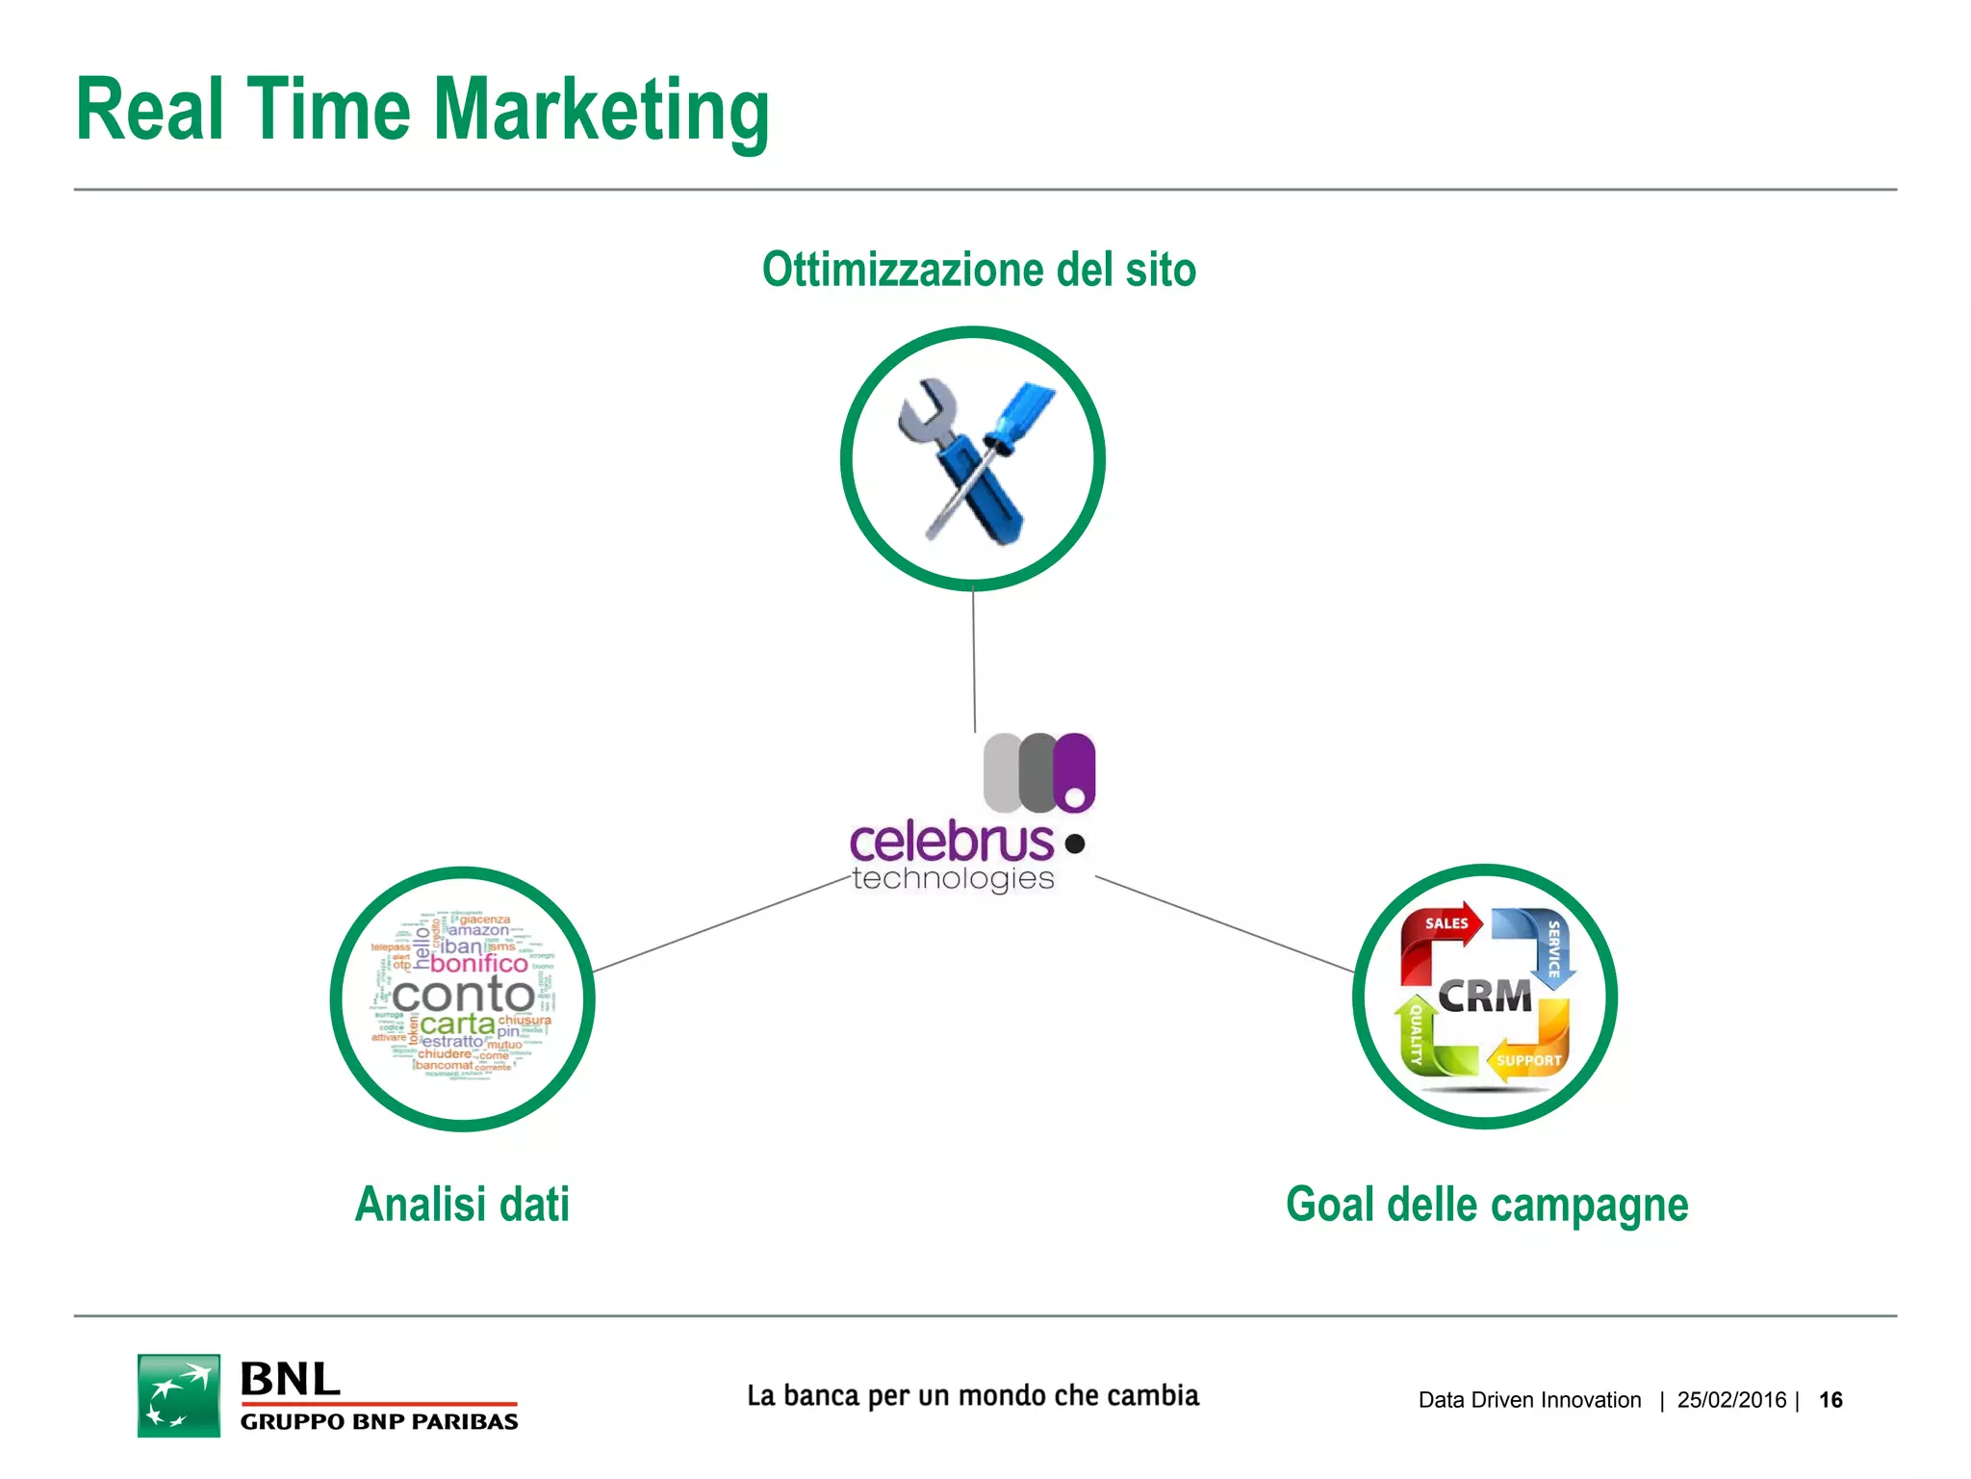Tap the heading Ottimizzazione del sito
pyautogui.click(x=979, y=270)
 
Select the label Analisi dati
pyautogui.click(x=462, y=1205)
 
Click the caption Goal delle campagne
pyautogui.click(x=1487, y=1205)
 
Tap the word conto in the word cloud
pyautogui.click(x=463, y=996)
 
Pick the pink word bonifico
pyautogui.click(x=478, y=964)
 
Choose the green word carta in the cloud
pyautogui.click(x=457, y=1025)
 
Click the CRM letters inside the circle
pyautogui.click(x=1485, y=998)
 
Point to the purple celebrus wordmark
pyautogui.click(x=952, y=843)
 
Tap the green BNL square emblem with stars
pyautogui.click(x=179, y=1395)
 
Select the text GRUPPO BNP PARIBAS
pyautogui.click(x=379, y=1422)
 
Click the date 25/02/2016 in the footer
pyautogui.click(x=1731, y=1400)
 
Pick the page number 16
pyautogui.click(x=1830, y=1400)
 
